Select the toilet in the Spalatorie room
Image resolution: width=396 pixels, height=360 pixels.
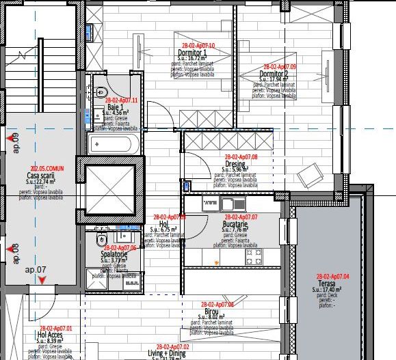click(101, 239)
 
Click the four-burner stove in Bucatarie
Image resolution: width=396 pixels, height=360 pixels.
click(254, 258)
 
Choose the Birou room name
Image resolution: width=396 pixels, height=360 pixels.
click(211, 311)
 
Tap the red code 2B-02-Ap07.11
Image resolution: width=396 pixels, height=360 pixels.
click(122, 100)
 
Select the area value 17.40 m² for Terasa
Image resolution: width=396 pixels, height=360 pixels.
click(331, 290)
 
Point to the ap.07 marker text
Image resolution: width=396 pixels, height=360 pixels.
click(36, 270)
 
